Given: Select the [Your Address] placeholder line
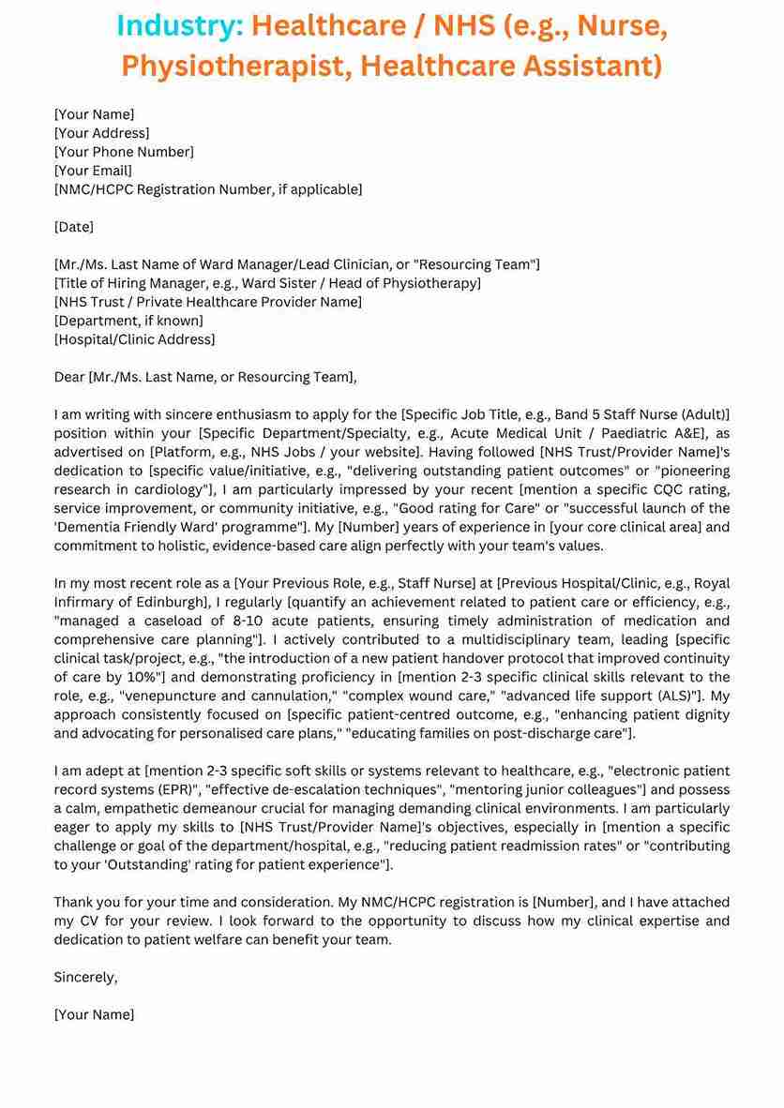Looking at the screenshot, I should (x=101, y=133).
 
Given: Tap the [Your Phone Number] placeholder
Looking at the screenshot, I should (x=124, y=152).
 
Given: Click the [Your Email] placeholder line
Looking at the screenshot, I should (x=93, y=171).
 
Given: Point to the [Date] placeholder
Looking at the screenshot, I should (x=74, y=227).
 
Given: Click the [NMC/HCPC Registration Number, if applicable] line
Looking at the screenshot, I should (x=208, y=189).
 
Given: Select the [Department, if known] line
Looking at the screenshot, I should (x=128, y=321).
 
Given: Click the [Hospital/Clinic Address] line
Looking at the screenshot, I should (x=134, y=339).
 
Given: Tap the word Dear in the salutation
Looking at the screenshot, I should (x=69, y=377).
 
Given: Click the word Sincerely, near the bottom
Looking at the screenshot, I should (x=85, y=977).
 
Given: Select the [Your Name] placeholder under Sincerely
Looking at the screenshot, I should (x=94, y=1014).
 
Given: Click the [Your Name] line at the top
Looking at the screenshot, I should (x=94, y=114).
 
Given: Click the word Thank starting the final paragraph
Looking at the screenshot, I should (x=76, y=902).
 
